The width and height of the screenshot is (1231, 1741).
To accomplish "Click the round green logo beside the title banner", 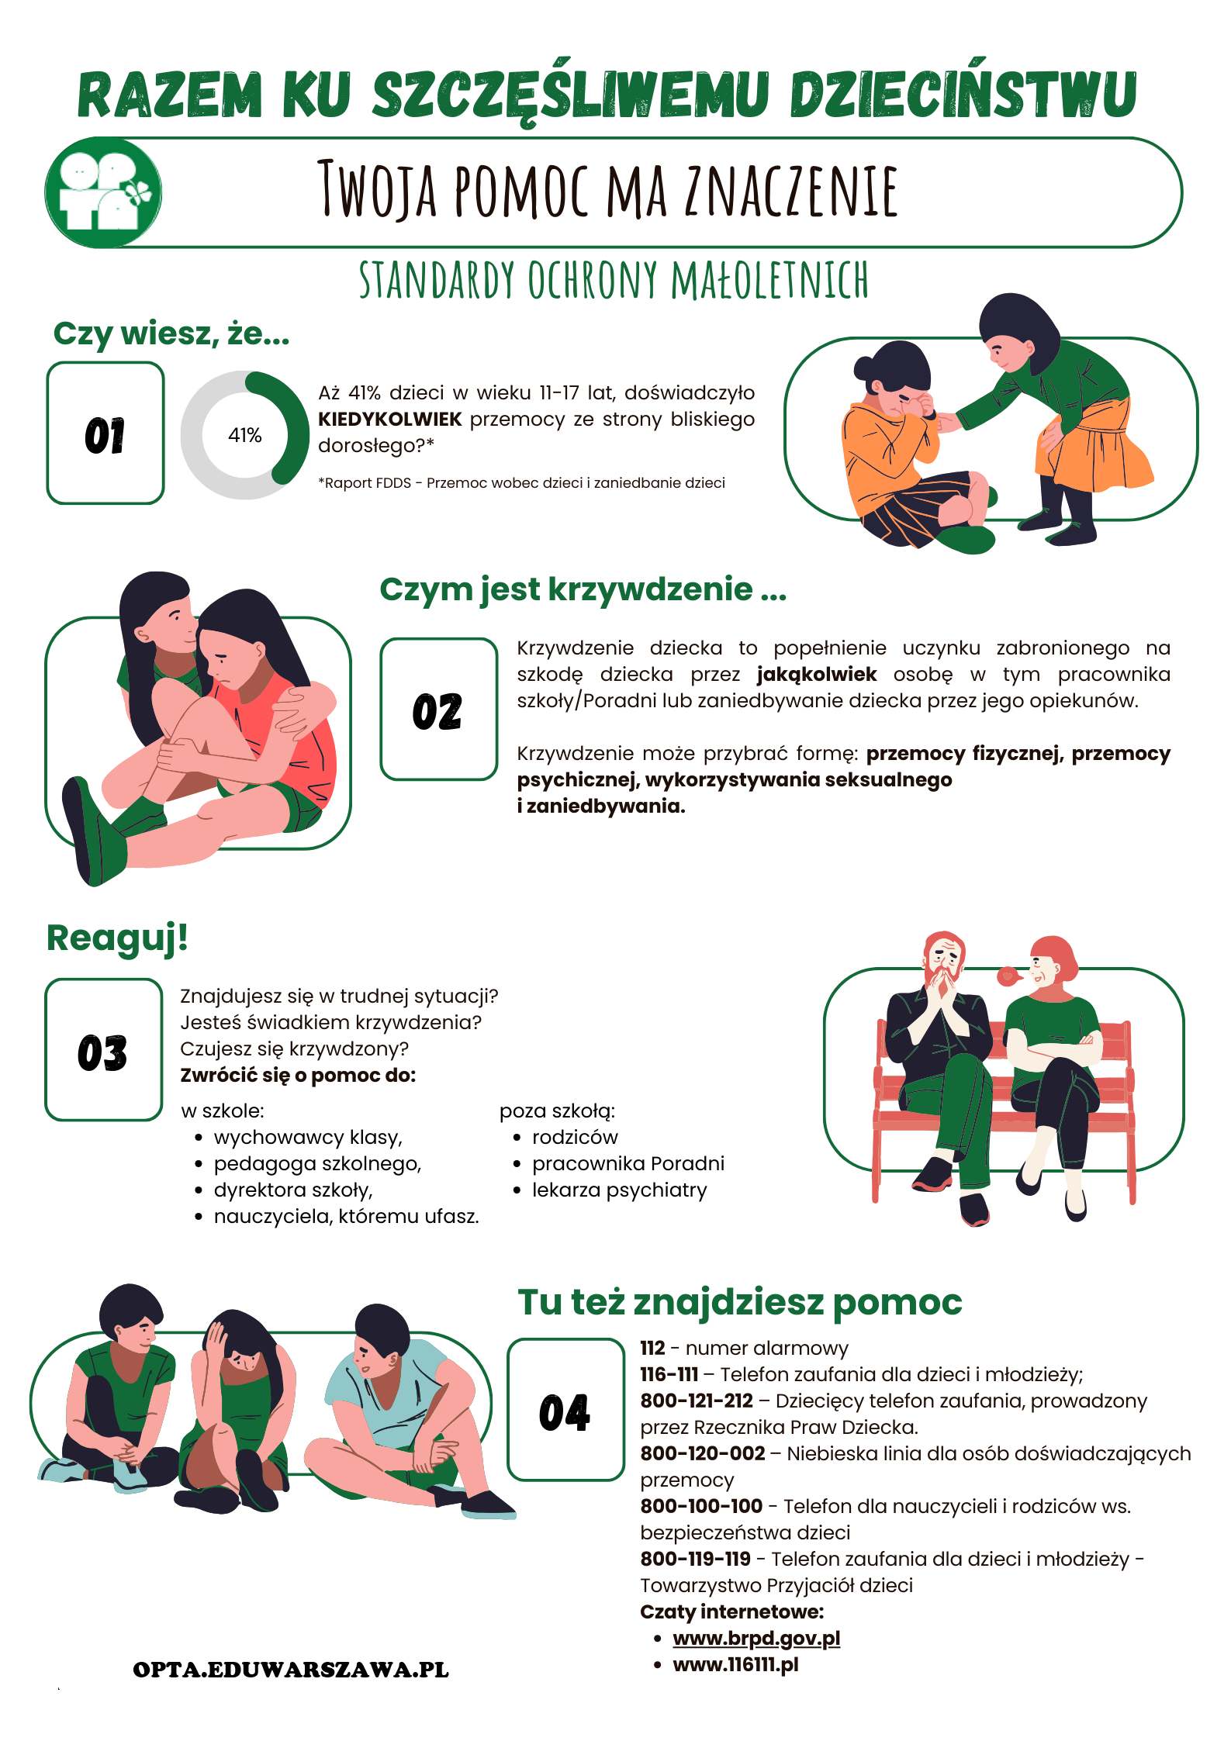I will pos(103,192).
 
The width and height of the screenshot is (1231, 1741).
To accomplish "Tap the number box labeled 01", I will pos(105,434).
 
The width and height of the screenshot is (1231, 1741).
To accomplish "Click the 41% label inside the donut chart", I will pos(244,435).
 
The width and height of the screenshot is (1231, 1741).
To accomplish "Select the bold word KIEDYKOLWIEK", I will pos(389,420).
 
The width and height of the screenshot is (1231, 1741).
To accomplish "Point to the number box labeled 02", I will pos(438,709).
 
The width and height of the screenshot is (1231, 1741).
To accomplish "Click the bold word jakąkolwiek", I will pos(816,674).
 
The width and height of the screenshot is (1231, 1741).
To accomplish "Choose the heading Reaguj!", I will pos(117,938).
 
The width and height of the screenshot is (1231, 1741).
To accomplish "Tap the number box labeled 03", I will pos(103,1050).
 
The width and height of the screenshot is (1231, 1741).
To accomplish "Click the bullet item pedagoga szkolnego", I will pos(317,1163).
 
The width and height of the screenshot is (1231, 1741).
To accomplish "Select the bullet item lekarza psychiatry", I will pos(619,1190).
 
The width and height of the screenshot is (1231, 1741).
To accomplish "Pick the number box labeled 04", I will pos(565,1410).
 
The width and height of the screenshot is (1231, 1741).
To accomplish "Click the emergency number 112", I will pos(652,1348).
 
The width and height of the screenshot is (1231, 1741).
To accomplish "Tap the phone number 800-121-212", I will pos(697,1401).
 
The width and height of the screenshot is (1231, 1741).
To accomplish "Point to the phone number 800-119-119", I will pos(695,1559).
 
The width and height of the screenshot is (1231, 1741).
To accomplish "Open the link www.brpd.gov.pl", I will pos(756,1638).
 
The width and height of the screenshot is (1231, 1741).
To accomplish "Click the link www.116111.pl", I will pos(735,1664).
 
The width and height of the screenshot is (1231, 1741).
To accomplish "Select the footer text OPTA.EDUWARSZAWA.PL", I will pos(291,1670).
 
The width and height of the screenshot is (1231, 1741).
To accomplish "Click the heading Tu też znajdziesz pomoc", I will pos(739,1302).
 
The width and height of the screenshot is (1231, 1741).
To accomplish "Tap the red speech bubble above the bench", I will pos(1008,976).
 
